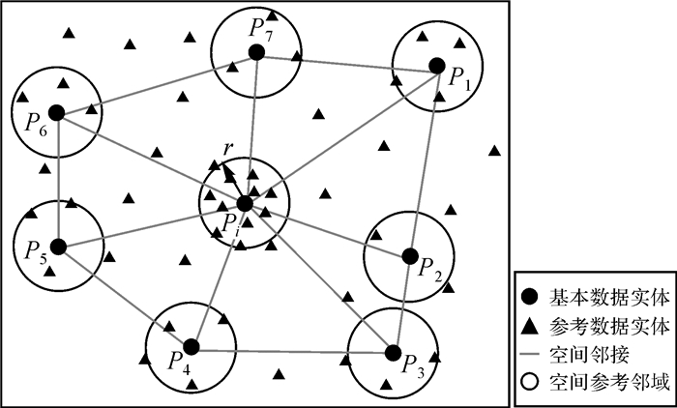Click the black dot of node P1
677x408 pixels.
[x=436, y=66]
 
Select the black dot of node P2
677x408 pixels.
[x=409, y=256]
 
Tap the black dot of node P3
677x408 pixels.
[x=393, y=351]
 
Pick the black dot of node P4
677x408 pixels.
[x=191, y=346]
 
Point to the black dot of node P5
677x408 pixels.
[x=58, y=246]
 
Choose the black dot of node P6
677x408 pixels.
[x=56, y=112]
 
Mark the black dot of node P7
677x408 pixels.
[x=256, y=52]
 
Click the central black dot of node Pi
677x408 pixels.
[x=244, y=203]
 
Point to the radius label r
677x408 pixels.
[x=227, y=148]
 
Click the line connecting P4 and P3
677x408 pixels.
[x=290, y=348]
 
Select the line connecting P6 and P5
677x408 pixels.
[x=57, y=179]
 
